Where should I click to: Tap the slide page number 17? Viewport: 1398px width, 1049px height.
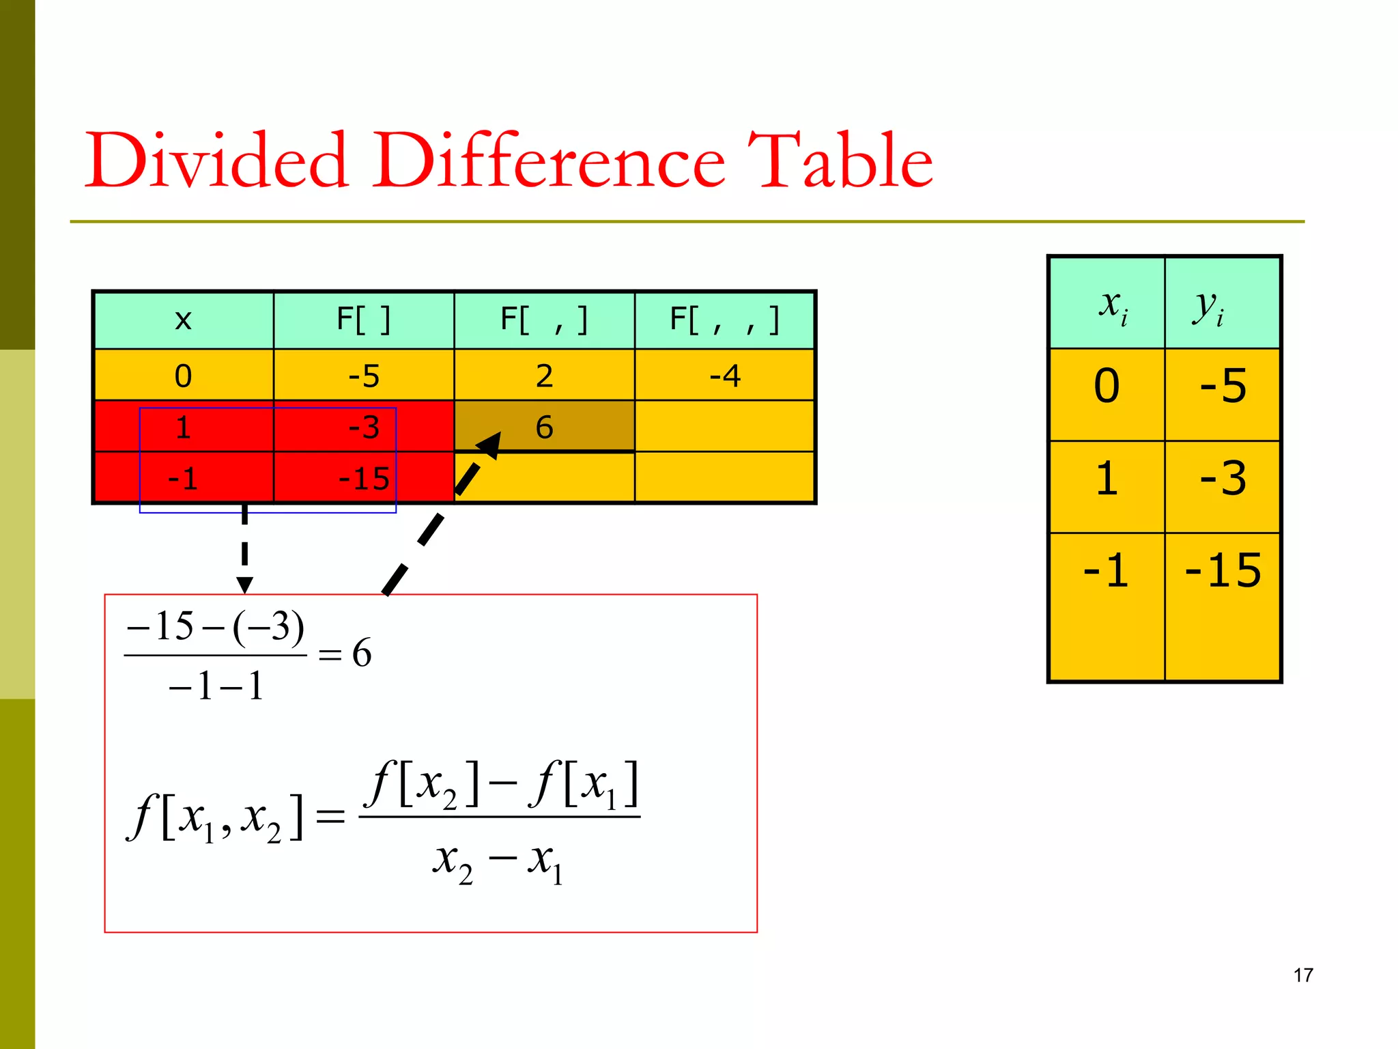[1302, 975]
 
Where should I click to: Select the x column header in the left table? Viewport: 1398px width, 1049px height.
[183, 320]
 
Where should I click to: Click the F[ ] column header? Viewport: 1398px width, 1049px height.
[364, 320]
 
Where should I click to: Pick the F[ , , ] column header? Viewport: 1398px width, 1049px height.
[724, 320]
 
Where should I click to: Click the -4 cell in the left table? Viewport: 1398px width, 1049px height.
[724, 376]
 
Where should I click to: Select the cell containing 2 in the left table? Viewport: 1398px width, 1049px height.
[544, 376]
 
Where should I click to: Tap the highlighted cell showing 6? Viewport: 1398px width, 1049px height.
[544, 427]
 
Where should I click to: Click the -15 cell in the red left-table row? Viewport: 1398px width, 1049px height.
[364, 479]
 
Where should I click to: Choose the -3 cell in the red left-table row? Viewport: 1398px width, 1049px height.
[364, 428]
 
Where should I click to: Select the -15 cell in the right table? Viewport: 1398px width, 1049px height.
[1223, 570]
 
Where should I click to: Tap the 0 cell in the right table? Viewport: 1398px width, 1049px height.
[1107, 386]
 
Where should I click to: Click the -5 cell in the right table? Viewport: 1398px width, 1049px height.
[1223, 386]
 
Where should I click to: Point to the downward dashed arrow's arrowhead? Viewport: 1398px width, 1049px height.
[244, 585]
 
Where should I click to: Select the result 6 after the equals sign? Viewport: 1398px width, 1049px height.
[362, 653]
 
